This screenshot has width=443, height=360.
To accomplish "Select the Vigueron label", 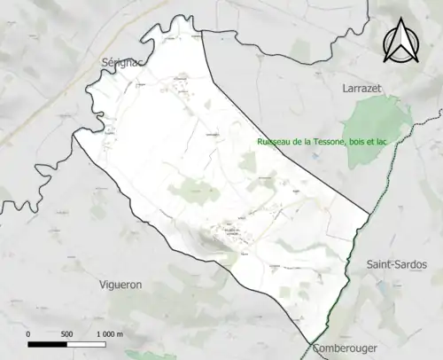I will pyautogui.click(x=123, y=285).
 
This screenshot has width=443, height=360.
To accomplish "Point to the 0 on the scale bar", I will pyautogui.click(x=28, y=333).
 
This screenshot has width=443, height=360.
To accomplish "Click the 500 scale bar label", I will pyautogui.click(x=66, y=333).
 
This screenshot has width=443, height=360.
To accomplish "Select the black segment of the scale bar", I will pyautogui.click(x=48, y=342).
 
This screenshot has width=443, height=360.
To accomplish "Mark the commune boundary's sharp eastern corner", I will pyautogui.click(x=369, y=214).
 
